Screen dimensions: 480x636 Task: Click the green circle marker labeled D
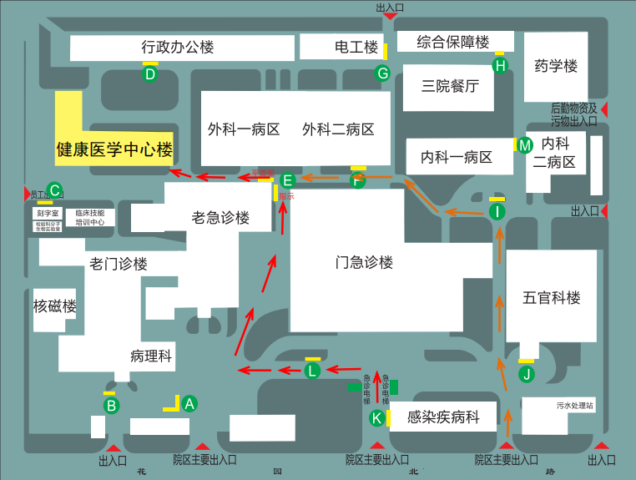pos(150,74)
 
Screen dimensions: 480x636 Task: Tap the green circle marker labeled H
pos(500,64)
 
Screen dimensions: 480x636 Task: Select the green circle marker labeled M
pos(524,145)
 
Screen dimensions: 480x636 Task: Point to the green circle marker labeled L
pos(312,370)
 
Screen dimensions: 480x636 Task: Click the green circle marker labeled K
pos(377,417)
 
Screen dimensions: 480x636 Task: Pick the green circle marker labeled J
pos(527,374)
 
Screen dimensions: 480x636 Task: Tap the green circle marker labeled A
pos(189,404)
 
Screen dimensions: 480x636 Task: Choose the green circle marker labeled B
pos(111,406)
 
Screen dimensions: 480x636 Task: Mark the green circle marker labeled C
pos(54,189)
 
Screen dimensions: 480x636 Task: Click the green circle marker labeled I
pos(497,212)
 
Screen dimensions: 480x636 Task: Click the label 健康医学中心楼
pos(114,151)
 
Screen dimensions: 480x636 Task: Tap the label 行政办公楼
pos(178,48)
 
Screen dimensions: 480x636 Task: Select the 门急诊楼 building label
pos(364,263)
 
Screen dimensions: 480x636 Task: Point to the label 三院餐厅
pos(450,86)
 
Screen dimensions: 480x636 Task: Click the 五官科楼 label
pos(552,297)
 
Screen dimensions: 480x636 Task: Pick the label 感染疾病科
pos(443,417)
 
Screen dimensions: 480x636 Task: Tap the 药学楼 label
pos(556,65)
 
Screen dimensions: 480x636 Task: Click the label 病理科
pos(151,356)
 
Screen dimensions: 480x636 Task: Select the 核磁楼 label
pos(55,306)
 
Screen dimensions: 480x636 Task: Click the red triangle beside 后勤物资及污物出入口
pos(606,109)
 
